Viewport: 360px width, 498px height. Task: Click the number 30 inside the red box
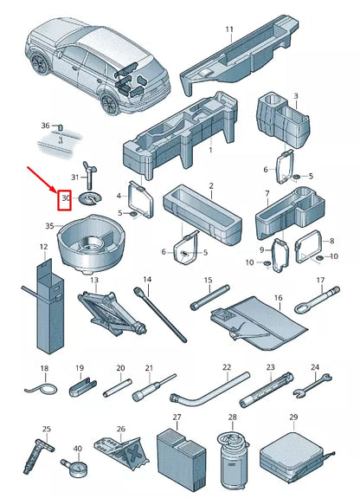coord(66,198)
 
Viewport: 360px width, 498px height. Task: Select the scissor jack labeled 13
coord(112,312)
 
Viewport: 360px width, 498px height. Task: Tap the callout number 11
coord(229,29)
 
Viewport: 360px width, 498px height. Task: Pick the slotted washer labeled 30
coord(91,199)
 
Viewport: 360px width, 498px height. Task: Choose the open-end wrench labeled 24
coord(312,385)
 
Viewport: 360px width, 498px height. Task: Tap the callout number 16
coord(278,298)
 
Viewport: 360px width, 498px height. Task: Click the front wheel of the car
coord(39,63)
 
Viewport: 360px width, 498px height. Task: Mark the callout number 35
coord(50,226)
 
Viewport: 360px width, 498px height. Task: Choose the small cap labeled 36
coord(61,127)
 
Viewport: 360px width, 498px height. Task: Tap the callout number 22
coord(227,367)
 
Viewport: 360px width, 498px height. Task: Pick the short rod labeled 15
coord(209,297)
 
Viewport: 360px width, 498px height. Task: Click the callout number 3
coord(296,96)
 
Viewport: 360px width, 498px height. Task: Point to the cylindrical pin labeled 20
coord(117,387)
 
